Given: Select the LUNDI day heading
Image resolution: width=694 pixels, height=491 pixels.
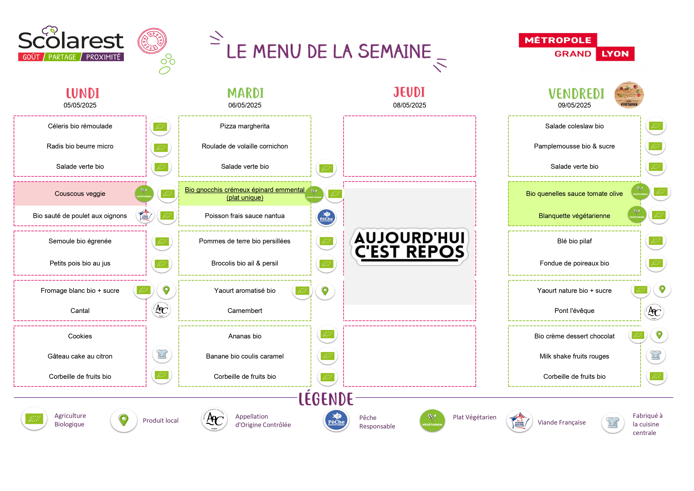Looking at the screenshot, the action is click(83, 93).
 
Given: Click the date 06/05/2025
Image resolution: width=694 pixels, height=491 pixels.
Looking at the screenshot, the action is click(245, 105).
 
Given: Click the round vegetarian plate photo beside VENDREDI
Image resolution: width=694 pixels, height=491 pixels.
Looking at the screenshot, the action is click(629, 95).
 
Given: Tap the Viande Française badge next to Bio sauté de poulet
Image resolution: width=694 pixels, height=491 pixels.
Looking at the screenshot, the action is click(145, 215).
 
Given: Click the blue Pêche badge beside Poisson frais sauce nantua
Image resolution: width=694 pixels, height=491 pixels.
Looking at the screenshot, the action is click(326, 217).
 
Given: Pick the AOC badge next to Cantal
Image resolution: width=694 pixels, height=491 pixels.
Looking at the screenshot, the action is click(161, 309).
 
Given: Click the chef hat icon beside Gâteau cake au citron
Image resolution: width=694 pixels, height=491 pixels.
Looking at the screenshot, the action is click(162, 354).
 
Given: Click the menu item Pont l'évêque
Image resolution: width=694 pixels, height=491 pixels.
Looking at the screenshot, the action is click(574, 311).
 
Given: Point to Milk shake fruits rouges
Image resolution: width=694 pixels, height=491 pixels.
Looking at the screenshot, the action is click(574, 356).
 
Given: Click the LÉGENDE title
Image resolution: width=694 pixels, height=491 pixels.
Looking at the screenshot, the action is click(326, 399).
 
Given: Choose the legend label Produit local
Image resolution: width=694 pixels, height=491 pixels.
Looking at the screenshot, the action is click(160, 420).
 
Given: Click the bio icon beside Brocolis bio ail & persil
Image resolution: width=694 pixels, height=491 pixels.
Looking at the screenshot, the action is click(326, 264).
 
